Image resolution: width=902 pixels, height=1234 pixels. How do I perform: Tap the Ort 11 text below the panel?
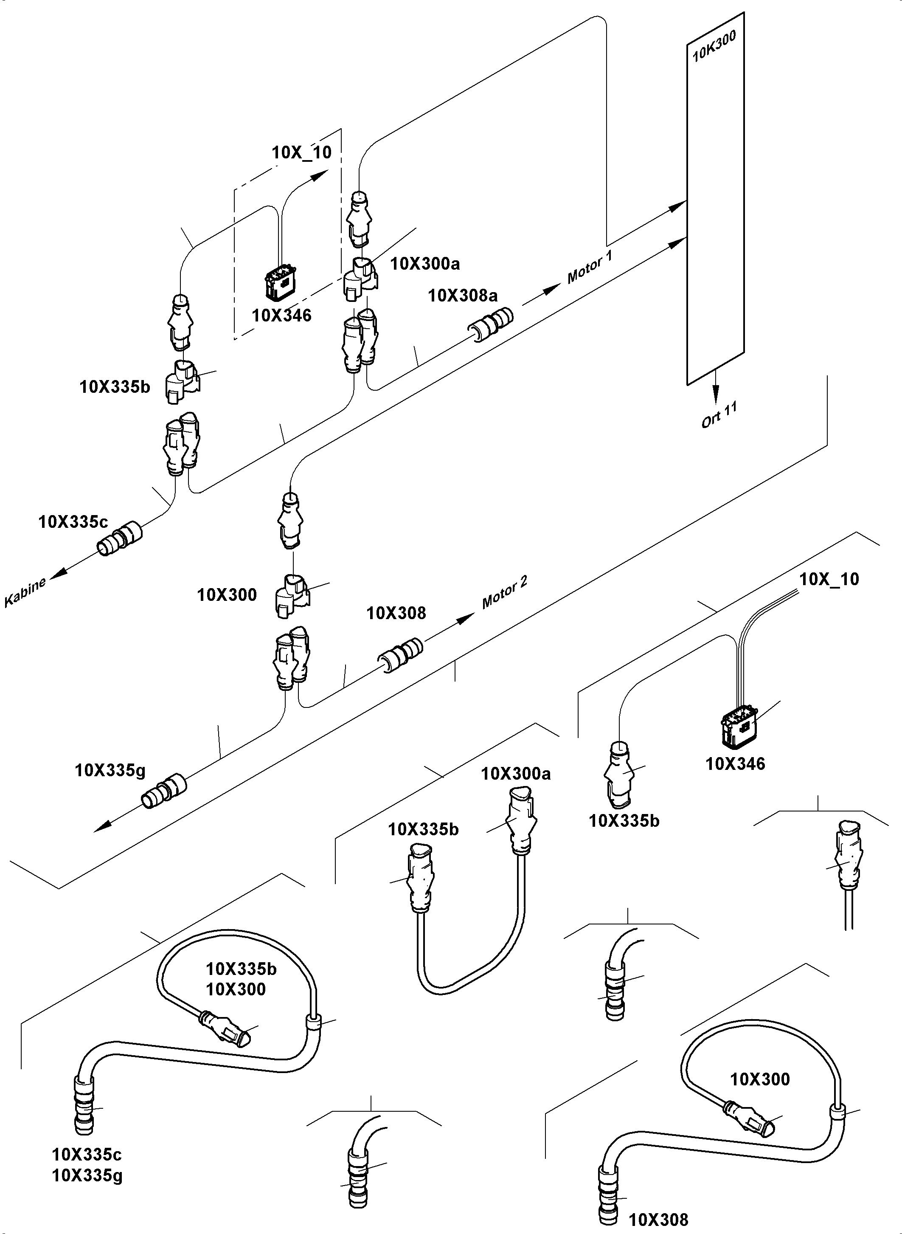click(x=719, y=414)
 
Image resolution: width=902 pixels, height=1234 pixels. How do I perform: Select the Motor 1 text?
click(x=590, y=267)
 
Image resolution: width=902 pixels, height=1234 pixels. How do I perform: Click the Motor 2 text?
click(x=505, y=592)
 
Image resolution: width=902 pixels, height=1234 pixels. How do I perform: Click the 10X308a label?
click(x=463, y=296)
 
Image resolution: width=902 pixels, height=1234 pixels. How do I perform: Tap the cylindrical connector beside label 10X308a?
click(x=491, y=324)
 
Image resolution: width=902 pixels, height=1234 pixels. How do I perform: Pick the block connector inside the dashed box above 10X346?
click(x=280, y=282)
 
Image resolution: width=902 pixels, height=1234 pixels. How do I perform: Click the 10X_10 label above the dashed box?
click(x=301, y=152)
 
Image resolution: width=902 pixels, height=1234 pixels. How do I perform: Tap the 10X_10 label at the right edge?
click(x=829, y=579)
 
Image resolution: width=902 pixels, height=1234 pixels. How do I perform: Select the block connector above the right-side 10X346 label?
click(x=740, y=725)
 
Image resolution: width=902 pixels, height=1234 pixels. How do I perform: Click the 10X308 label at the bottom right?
click(x=658, y=1219)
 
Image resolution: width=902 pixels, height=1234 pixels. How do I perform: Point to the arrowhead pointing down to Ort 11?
click(x=715, y=393)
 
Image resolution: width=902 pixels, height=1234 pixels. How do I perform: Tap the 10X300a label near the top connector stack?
click(x=425, y=264)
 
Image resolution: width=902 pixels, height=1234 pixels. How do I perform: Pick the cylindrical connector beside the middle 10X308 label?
click(x=401, y=654)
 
